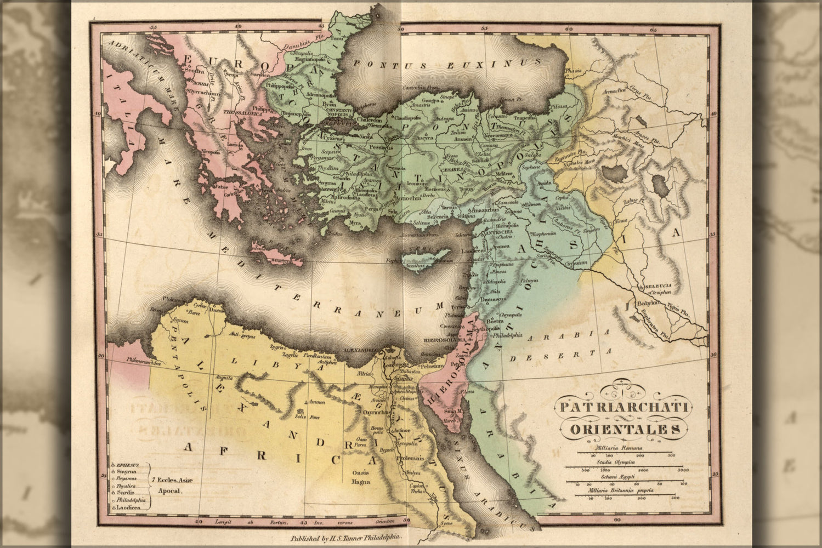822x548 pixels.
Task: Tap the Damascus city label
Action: [491, 300]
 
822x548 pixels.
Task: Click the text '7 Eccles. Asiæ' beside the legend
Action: [169, 481]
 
